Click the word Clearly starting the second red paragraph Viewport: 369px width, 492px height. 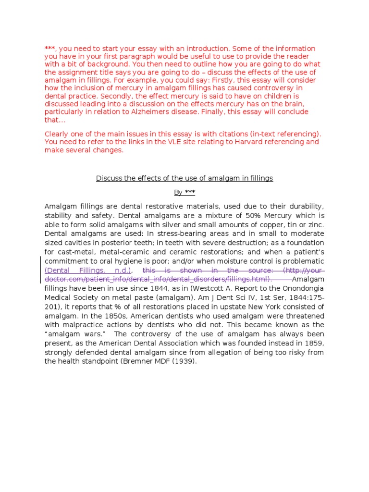pyautogui.click(x=57, y=134)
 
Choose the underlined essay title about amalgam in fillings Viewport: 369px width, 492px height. pyautogui.click(x=184, y=178)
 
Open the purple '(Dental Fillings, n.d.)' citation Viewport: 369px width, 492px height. pyautogui.click(x=88, y=270)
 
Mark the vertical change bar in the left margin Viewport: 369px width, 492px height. pyautogui.click(x=40, y=270)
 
